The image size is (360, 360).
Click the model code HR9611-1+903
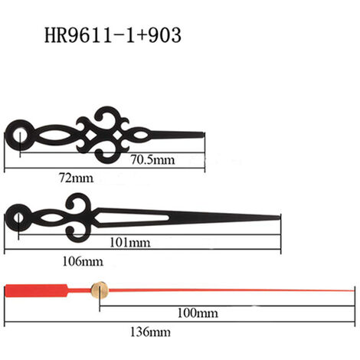click(x=113, y=35)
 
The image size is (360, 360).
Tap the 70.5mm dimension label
click(x=153, y=160)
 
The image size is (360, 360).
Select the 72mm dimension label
click(x=77, y=178)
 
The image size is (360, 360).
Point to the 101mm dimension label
click(x=130, y=242)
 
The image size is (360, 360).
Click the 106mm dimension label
click(x=83, y=262)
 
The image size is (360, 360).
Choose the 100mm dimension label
click(x=198, y=313)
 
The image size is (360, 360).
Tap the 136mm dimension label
click(x=150, y=332)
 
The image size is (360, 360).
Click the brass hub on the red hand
click(x=100, y=290)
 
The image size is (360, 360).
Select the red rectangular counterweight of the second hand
click(x=37, y=290)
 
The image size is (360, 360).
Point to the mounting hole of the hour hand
click(x=20, y=135)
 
